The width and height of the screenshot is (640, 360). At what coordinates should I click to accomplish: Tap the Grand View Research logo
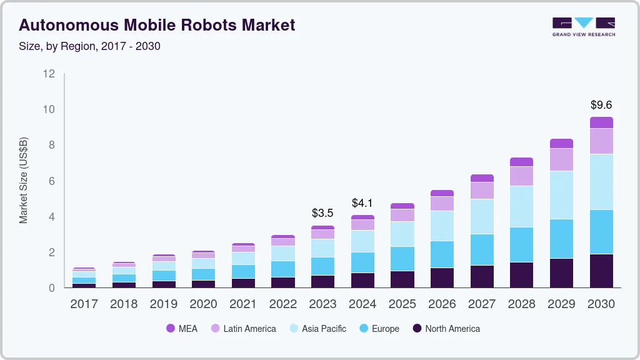pos(583,27)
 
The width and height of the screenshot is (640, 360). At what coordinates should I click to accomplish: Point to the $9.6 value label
pos(601,105)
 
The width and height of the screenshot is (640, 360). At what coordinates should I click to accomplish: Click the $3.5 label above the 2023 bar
pos(322,213)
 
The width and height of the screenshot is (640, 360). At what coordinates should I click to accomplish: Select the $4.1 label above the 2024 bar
pos(362,203)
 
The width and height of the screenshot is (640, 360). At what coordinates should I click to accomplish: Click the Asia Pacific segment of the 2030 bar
pos(601,182)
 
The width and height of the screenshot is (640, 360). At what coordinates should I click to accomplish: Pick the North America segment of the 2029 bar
pos(561,272)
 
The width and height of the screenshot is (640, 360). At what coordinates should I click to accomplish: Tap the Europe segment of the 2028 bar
pos(521,244)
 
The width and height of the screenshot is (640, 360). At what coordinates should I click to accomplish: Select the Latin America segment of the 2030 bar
pos(601,141)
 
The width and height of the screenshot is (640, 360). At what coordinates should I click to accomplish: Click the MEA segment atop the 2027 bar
pos(482,178)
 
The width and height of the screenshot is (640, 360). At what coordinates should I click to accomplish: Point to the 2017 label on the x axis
pos(84,304)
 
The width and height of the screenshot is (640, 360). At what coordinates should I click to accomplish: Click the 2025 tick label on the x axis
pos(402,304)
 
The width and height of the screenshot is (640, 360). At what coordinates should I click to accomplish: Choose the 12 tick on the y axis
pos(49,74)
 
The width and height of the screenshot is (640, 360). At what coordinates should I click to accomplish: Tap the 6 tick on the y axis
pos(52,181)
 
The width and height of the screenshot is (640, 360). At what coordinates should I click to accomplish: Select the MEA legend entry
pos(182,329)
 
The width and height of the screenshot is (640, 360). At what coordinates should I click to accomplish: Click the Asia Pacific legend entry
pos(317,329)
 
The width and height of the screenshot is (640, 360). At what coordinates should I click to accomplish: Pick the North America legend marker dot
pos(416,329)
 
